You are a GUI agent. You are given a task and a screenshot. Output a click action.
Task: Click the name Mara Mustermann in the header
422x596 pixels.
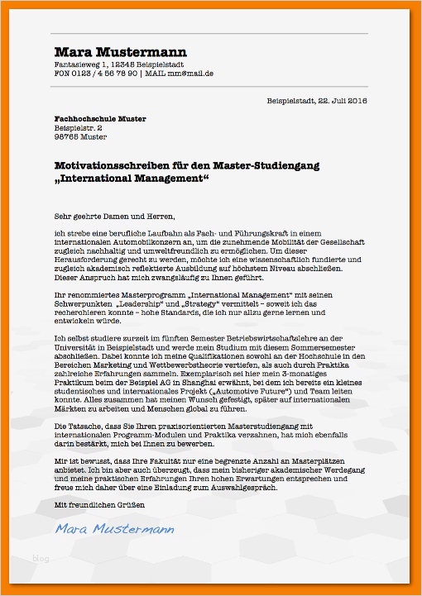click(x=121, y=51)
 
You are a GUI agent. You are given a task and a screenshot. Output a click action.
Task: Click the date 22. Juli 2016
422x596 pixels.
click(x=342, y=101)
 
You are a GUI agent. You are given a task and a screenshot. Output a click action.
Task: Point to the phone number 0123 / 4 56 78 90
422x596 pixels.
click(x=104, y=74)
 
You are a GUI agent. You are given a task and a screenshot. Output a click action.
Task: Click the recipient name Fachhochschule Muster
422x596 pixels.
click(x=100, y=119)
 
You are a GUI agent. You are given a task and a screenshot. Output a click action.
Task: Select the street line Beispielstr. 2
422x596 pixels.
click(x=79, y=128)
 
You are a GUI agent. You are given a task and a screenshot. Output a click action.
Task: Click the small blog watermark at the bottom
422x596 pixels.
click(x=41, y=559)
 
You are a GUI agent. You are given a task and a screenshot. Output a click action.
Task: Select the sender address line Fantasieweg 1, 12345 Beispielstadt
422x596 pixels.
click(x=119, y=64)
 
